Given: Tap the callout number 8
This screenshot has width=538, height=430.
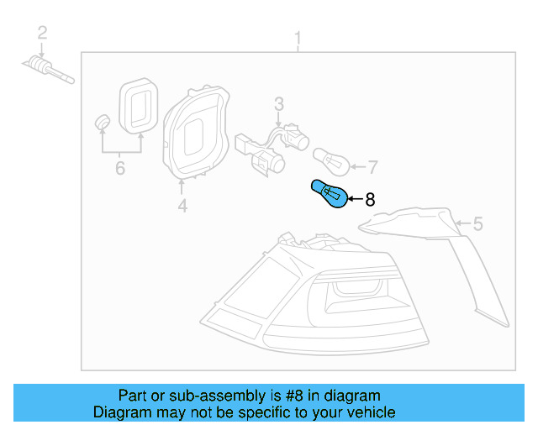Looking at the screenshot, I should pos(369,199).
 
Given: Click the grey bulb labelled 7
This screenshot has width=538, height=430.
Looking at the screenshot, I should pos(330,159).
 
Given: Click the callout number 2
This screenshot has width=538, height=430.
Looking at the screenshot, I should pos(42,34).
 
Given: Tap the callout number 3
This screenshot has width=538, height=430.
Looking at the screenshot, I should pos(278,103).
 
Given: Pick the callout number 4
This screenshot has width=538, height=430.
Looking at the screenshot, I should pos(182,204).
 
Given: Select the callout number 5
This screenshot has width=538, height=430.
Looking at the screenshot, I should pos(478,223).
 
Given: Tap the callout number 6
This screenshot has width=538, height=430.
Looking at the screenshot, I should pos(120,169).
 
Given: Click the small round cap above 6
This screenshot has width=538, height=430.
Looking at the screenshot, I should pos(103,122).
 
